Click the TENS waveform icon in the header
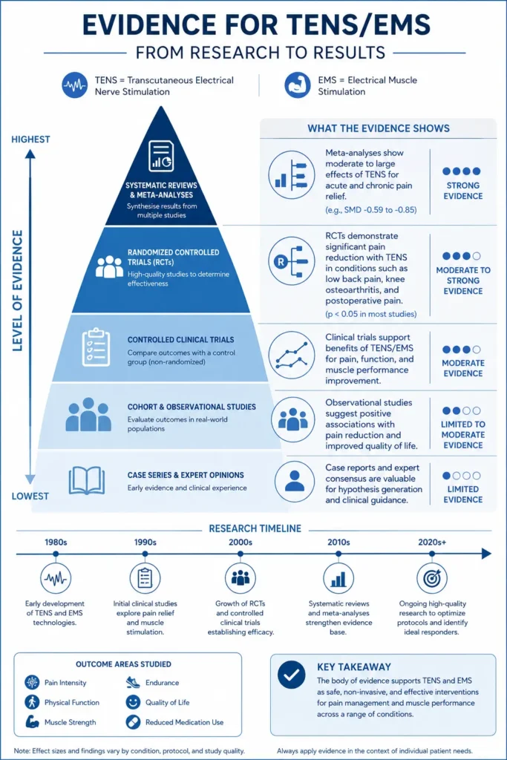[75, 85]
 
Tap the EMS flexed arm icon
[297, 85]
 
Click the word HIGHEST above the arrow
[30, 140]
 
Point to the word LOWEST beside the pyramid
[30, 497]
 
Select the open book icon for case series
[87, 480]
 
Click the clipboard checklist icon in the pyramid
[96, 347]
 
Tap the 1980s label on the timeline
[56, 543]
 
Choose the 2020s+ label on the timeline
[432, 543]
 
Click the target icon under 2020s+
[432, 577]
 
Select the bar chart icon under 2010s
[338, 577]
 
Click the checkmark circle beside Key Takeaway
[291, 675]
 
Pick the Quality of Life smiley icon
[133, 702]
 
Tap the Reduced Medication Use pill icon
[133, 722]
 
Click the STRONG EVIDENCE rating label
[463, 191]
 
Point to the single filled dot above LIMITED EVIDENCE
[446, 476]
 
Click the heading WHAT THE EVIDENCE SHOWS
[379, 128]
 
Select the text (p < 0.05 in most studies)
[371, 314]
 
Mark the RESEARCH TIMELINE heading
[255, 528]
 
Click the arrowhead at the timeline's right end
[487, 554]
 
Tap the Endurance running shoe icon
[133, 683]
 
